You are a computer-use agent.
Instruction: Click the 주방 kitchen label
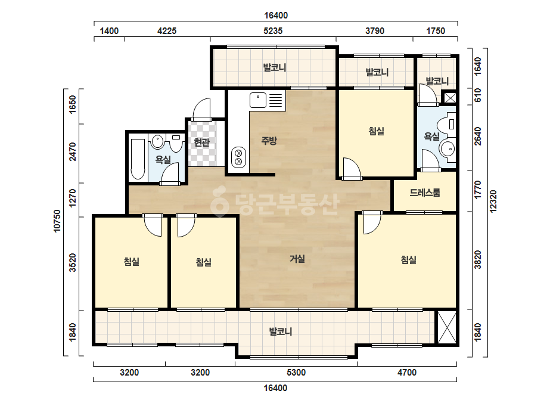coord(269,141)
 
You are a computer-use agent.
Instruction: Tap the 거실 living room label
coord(297,259)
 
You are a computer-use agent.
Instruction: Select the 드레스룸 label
coord(425,193)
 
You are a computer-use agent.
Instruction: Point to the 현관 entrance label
coord(201,142)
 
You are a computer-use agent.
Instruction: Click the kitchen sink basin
coord(258,100)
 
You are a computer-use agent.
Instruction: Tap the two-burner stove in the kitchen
coord(238,157)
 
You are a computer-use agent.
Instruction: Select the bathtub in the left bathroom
coord(138,159)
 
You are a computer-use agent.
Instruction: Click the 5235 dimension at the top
coord(273,31)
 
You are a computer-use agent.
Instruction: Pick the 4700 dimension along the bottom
coord(407,373)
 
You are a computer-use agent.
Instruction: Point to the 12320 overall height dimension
coord(493,201)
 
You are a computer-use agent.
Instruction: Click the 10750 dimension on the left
coord(57,221)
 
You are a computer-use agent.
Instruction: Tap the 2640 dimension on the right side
coord(477,136)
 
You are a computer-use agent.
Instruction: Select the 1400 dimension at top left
coord(109,31)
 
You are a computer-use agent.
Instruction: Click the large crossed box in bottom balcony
coord(447,327)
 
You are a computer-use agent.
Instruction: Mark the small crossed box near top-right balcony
coord(450,97)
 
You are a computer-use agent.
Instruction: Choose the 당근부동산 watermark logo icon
coord(219,202)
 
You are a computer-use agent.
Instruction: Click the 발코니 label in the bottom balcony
coord(281,331)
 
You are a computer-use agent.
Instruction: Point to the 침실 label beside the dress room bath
coord(377,131)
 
